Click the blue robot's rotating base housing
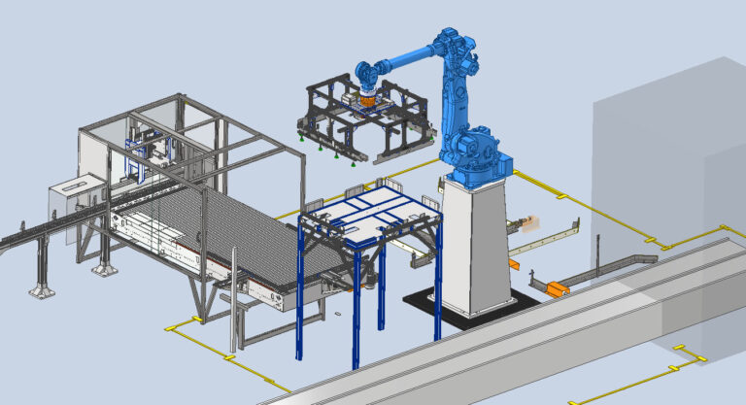point(473,155)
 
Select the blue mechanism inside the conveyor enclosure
point(151,155)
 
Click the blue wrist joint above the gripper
point(367,74)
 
